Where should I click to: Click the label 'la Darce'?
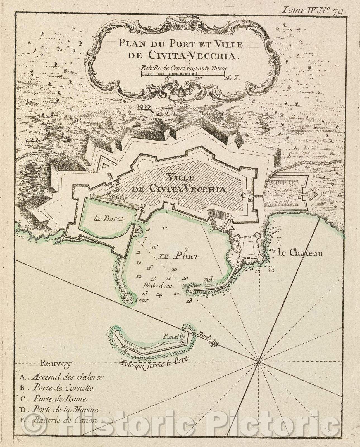coord(105,219)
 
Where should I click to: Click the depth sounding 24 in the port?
coord(159,294)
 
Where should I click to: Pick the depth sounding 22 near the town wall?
coord(164,228)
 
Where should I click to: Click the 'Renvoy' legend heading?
coord(56,363)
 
